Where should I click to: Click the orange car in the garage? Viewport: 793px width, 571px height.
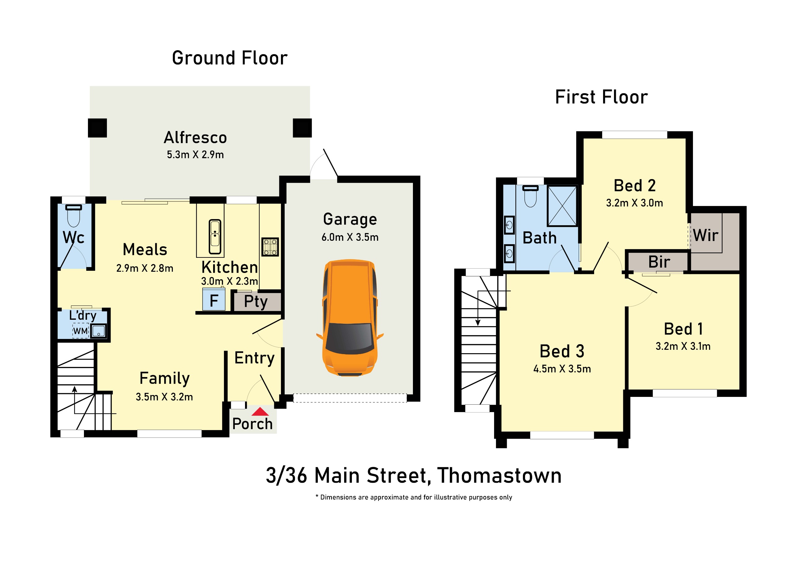(x=350, y=318)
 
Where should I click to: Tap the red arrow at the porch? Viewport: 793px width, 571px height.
(x=260, y=411)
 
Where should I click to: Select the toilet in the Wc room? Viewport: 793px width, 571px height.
(x=73, y=216)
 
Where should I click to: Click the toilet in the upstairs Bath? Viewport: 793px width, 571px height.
(x=530, y=196)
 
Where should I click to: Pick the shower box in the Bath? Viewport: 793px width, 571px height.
(x=562, y=206)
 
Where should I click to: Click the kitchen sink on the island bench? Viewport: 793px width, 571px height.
(x=215, y=236)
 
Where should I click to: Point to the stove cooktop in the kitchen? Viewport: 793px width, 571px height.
(x=270, y=247)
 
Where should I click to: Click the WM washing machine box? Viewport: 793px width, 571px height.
(x=81, y=331)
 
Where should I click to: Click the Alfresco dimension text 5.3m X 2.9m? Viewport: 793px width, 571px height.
(x=195, y=155)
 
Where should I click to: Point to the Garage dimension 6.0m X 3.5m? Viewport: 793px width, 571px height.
(x=350, y=237)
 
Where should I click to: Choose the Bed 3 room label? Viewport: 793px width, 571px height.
(x=562, y=351)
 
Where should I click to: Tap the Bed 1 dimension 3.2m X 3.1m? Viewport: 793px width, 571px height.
(x=683, y=346)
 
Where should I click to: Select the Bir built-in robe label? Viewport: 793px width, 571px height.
(x=659, y=261)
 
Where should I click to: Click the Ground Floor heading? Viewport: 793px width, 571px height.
(x=230, y=58)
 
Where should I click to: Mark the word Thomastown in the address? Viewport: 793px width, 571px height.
(x=499, y=476)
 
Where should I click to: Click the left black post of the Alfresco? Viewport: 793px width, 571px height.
(x=97, y=128)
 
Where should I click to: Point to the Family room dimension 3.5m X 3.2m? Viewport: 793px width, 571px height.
(x=164, y=397)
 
